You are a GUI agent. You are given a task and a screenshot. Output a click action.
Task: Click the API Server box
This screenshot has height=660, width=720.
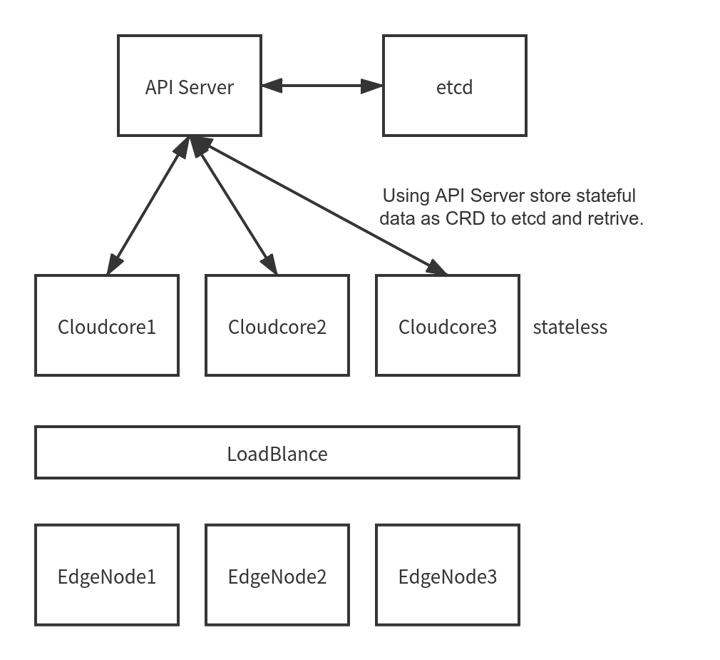[189, 86]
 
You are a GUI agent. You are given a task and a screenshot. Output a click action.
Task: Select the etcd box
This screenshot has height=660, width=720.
[454, 86]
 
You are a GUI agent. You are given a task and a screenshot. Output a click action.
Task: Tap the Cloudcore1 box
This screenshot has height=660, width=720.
[107, 325]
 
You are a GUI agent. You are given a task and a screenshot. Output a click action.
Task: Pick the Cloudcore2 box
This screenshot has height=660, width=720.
[277, 325]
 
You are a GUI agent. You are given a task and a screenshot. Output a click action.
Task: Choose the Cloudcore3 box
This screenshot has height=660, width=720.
[448, 325]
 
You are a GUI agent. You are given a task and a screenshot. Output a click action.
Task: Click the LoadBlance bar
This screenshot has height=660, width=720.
[277, 452]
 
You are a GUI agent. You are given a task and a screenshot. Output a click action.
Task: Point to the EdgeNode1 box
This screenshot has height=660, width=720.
[107, 574]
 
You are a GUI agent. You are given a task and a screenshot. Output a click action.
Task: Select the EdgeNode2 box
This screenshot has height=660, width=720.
[277, 574]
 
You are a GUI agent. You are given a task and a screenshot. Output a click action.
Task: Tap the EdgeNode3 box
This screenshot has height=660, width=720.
[448, 574]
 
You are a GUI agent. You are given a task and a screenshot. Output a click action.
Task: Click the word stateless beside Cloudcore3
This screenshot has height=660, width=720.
[570, 328]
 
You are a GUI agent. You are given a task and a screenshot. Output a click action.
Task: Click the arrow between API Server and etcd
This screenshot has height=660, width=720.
[322, 86]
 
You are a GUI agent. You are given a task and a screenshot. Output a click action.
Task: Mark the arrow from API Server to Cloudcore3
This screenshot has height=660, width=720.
[321, 207]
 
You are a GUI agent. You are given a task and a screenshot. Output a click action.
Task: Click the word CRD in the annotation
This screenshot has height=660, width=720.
[466, 219]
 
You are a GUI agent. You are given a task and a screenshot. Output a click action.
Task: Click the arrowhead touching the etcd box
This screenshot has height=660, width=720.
[372, 86]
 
